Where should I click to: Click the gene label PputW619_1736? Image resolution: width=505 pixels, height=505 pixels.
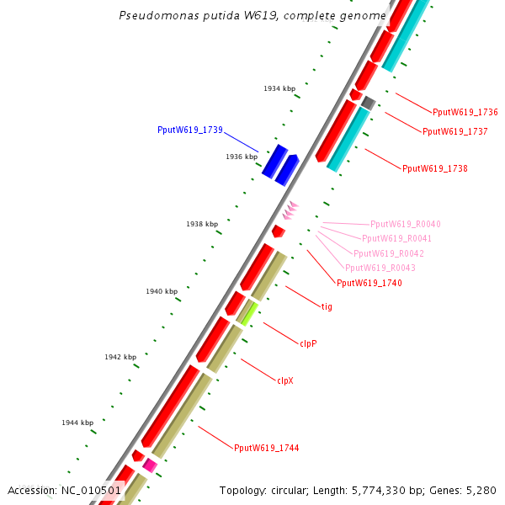[465, 112]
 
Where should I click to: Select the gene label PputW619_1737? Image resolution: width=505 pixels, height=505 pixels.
[454, 131]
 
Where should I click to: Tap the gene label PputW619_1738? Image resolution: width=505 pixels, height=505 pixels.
[434, 168]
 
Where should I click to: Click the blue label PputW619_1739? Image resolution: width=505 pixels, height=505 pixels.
[189, 130]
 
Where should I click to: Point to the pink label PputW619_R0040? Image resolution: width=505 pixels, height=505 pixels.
[405, 224]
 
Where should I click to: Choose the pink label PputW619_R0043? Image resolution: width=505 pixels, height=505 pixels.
[380, 268]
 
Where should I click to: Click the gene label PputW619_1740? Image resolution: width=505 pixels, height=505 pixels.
[369, 283]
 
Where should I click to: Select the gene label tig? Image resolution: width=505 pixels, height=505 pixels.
[327, 306]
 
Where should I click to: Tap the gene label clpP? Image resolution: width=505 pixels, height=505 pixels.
[308, 343]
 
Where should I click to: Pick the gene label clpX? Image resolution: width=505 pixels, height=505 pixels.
[285, 380]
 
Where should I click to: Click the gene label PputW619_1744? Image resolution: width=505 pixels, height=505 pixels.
[266, 448]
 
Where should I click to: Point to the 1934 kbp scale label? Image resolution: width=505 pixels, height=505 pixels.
[279, 88]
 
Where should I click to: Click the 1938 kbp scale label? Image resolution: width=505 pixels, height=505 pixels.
[202, 224]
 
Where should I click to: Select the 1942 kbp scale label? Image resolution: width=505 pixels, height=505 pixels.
[120, 357]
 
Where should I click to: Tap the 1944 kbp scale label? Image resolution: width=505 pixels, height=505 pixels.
[77, 423]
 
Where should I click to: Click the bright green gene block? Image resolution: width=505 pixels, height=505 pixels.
[249, 313]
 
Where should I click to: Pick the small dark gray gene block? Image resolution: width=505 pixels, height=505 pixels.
[368, 103]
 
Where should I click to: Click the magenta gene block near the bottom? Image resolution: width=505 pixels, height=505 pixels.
[150, 465]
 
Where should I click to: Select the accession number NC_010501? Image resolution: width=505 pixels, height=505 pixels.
[92, 490]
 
